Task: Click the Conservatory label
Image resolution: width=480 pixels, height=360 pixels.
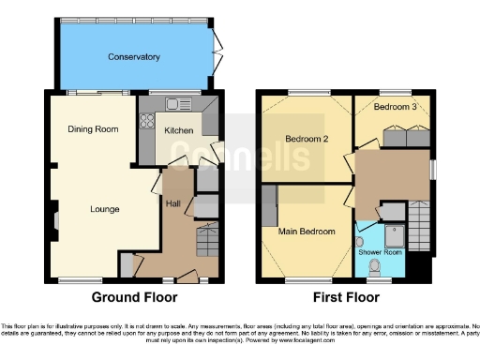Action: [x=133, y=57]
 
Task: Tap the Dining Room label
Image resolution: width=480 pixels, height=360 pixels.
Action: [x=92, y=128]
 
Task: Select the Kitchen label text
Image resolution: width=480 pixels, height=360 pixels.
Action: [x=179, y=131]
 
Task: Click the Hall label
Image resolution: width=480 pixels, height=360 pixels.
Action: [x=173, y=202]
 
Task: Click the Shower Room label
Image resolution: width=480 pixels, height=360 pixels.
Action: [x=380, y=252]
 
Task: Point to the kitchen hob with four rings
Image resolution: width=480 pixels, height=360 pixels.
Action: [x=147, y=120]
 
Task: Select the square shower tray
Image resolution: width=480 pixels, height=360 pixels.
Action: [x=395, y=234]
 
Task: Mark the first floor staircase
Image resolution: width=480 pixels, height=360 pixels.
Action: [x=419, y=225]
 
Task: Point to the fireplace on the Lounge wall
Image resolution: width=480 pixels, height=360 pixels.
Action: [x=55, y=221]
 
